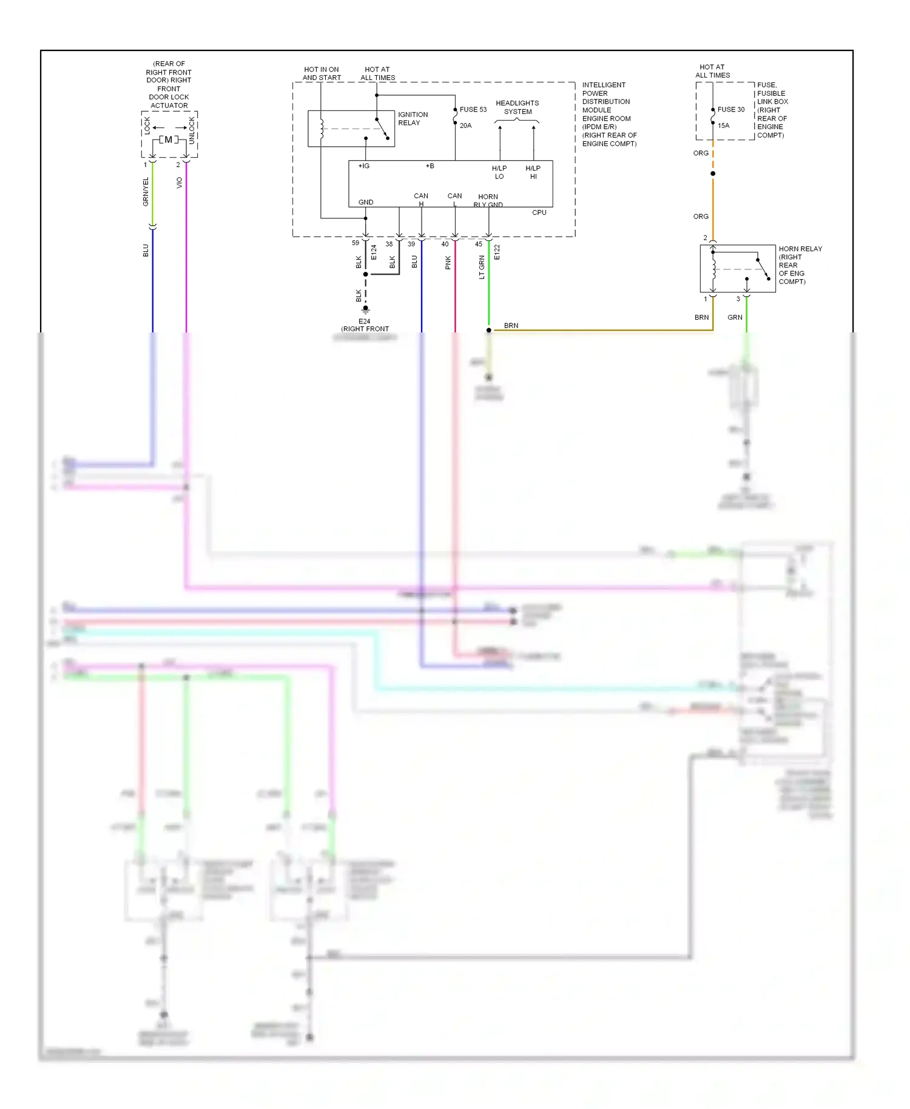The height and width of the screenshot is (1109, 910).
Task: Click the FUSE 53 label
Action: point(473,110)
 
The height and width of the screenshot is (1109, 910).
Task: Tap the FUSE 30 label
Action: point(730,110)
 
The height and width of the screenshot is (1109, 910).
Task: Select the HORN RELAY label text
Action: point(800,249)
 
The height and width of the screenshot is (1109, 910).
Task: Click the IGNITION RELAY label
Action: point(413,119)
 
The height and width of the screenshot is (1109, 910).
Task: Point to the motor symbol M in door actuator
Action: point(169,140)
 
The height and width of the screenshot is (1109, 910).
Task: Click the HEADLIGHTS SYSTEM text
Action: point(517,107)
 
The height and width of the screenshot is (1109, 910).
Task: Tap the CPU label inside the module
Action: point(539,213)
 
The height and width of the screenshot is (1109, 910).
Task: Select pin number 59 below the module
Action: point(356,243)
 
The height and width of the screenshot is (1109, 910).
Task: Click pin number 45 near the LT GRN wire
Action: point(479,244)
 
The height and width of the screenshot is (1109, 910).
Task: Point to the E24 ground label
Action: point(364,322)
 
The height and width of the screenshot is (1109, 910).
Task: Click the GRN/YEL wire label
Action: point(146,192)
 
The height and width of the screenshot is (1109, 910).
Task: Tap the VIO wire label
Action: point(179,183)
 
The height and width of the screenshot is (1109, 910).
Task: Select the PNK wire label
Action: point(448,263)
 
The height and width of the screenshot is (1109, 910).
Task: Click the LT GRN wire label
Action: point(482,267)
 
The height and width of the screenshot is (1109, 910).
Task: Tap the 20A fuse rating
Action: point(465,126)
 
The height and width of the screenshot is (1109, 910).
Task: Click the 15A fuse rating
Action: point(723,126)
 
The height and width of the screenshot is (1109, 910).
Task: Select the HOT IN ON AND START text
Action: point(322,74)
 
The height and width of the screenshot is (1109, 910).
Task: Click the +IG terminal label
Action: point(364,166)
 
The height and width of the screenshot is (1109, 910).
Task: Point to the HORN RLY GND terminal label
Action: point(488,201)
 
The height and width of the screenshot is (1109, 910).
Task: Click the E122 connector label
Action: point(497,252)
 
